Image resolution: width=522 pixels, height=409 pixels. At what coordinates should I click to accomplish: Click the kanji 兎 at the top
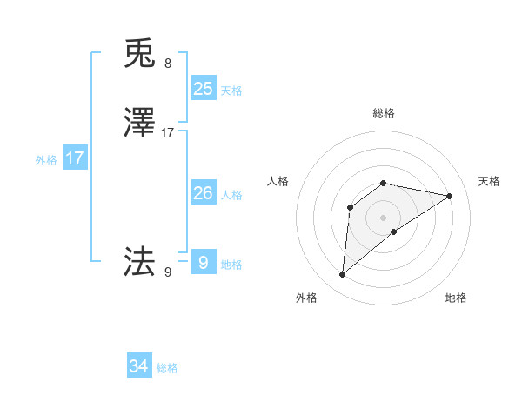pos(140,54)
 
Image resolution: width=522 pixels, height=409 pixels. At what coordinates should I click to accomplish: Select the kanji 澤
pos(140,124)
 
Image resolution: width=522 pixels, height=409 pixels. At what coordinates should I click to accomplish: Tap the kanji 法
pos(140,260)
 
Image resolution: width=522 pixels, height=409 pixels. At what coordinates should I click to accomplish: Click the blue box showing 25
pos(204,88)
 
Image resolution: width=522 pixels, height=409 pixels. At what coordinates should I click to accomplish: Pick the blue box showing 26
pos(204,193)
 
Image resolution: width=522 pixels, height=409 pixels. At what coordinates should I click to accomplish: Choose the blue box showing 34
pos(139,366)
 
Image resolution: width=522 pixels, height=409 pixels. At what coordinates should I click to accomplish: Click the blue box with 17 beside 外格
pos(75,158)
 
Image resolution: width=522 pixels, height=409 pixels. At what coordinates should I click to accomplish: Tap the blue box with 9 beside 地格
pos(203,263)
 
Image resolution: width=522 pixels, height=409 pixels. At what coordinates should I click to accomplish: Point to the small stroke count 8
pos(168,64)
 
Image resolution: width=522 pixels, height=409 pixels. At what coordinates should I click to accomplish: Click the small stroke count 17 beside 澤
pos(168,134)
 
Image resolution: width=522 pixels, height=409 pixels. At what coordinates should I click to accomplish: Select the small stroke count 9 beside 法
pos(168,272)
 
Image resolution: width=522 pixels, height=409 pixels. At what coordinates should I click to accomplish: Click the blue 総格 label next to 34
pos(167,368)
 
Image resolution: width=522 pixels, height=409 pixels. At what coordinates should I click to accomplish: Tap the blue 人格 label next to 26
pos(231,195)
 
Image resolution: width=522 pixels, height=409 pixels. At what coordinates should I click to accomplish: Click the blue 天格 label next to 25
pos(231,90)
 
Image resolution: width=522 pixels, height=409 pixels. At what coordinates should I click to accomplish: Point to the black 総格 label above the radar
pos(384,113)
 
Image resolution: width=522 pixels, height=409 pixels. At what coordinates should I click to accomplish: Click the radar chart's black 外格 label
pos(306,298)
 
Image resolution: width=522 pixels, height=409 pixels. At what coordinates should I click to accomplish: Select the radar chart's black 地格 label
pos(456,298)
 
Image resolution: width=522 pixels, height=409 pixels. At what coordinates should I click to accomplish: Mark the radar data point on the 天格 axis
pos(450,196)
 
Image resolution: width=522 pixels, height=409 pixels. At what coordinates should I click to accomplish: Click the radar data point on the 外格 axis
pos(343,275)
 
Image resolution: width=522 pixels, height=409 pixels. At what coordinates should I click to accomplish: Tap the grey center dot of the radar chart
pos(384,218)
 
